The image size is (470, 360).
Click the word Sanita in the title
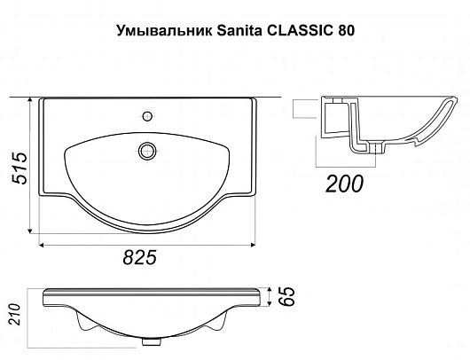pos(239,30)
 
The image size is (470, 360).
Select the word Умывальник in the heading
pos(164,30)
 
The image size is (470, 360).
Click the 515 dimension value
pos(20,168)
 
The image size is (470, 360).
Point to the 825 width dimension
pos(140,257)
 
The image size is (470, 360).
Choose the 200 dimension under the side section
pos(344,184)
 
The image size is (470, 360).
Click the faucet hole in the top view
pos(147,116)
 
